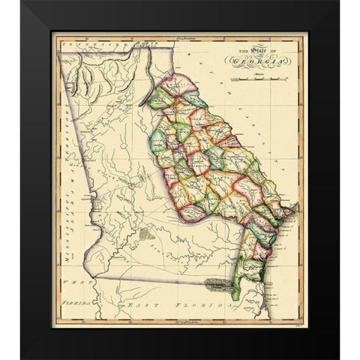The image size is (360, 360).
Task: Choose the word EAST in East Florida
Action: (138, 307)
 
